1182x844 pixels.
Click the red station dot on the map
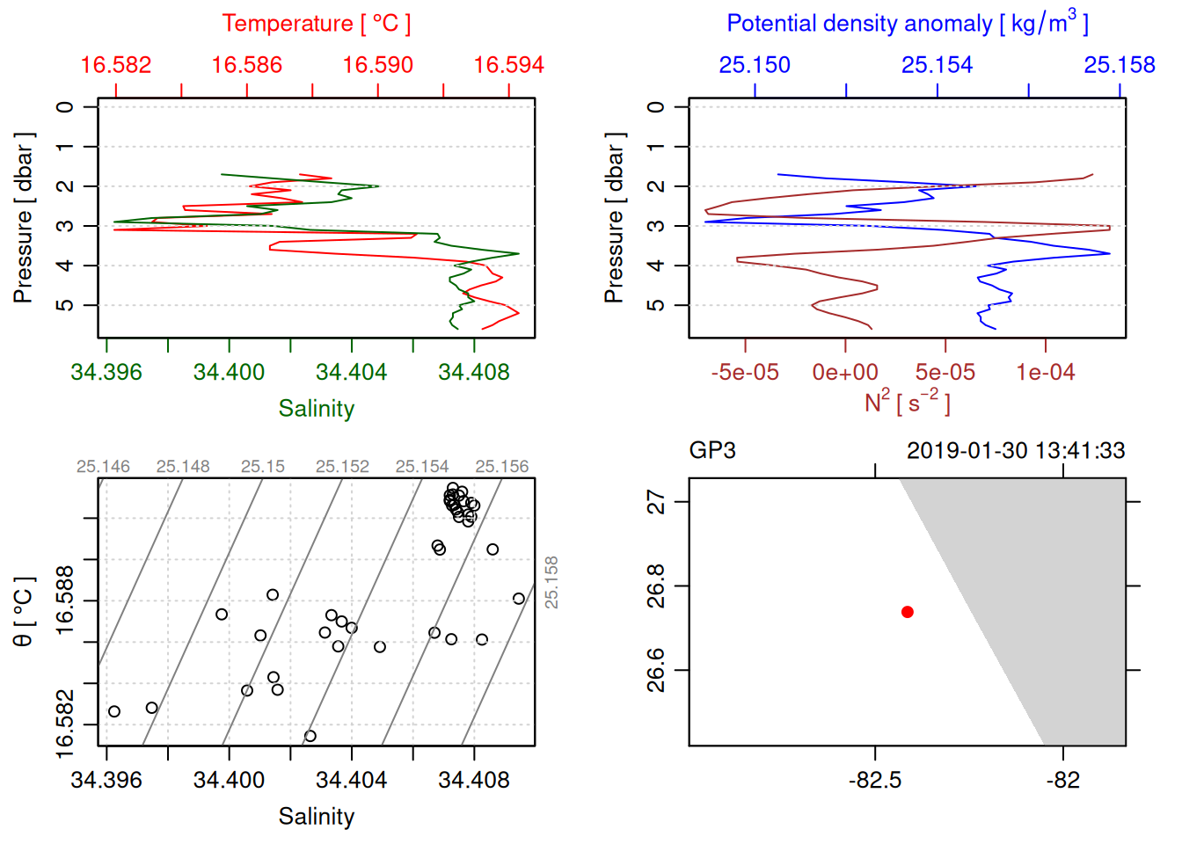pyautogui.click(x=907, y=612)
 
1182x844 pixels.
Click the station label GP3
pyautogui.click(x=711, y=451)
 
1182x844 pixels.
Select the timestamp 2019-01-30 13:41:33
pyautogui.click(x=1015, y=451)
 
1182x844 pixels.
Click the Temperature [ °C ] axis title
pyautogui.click(x=316, y=24)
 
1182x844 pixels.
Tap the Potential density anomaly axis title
pyautogui.click(x=907, y=23)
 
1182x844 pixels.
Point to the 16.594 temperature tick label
pyautogui.click(x=508, y=65)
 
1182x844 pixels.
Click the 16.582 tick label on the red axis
pyautogui.click(x=116, y=65)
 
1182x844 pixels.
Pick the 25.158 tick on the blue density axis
pyautogui.click(x=1119, y=65)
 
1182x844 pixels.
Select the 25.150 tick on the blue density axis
pyautogui.click(x=755, y=65)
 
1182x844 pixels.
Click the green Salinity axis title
pyautogui.click(x=316, y=409)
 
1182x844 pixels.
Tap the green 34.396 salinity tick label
pyautogui.click(x=106, y=373)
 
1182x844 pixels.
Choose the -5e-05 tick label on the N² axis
pyautogui.click(x=745, y=373)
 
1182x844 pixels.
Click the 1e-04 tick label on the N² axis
pyautogui.click(x=1045, y=373)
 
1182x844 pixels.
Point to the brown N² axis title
pyautogui.click(x=907, y=403)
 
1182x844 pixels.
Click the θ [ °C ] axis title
pyautogui.click(x=23, y=612)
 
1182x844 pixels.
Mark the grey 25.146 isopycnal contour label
pyautogui.click(x=103, y=467)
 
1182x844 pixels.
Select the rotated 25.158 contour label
pyautogui.click(x=551, y=582)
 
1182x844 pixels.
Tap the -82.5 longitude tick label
pyautogui.click(x=875, y=781)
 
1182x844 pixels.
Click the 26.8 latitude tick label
pyautogui.click(x=656, y=586)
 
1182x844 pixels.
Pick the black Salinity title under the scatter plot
pyautogui.click(x=316, y=817)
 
